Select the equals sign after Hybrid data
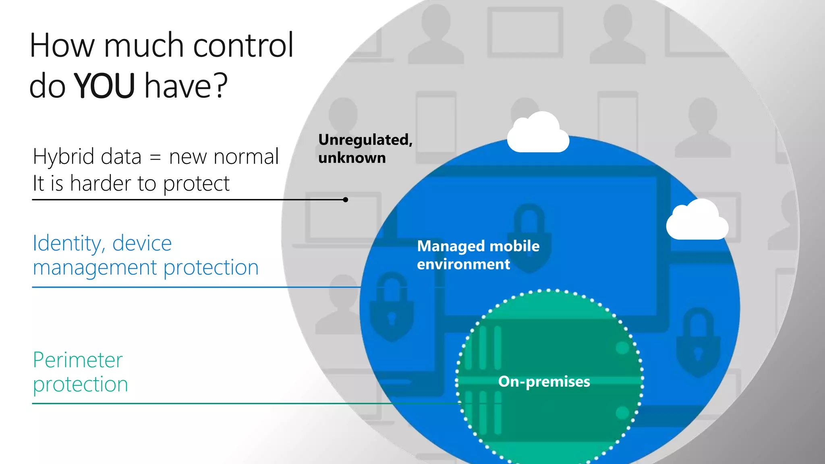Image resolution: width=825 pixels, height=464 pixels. point(155,157)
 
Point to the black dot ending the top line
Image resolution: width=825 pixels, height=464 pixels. point(345,199)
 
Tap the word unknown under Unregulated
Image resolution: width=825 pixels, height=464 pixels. point(352,158)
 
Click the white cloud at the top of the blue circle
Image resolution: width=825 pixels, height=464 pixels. point(538,134)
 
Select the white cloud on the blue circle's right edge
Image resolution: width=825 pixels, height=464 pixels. point(697,221)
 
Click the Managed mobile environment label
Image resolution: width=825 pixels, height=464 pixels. point(478,255)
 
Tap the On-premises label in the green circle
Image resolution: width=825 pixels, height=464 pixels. point(544,381)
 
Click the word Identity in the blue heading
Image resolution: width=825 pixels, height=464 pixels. point(67,243)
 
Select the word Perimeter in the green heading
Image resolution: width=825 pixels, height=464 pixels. point(78,360)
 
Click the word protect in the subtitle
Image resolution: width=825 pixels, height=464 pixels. point(196,184)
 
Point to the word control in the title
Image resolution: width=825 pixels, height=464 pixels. point(243,45)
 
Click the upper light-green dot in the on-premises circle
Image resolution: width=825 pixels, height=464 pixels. point(622,348)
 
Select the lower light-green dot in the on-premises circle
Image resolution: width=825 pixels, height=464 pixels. point(622,413)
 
